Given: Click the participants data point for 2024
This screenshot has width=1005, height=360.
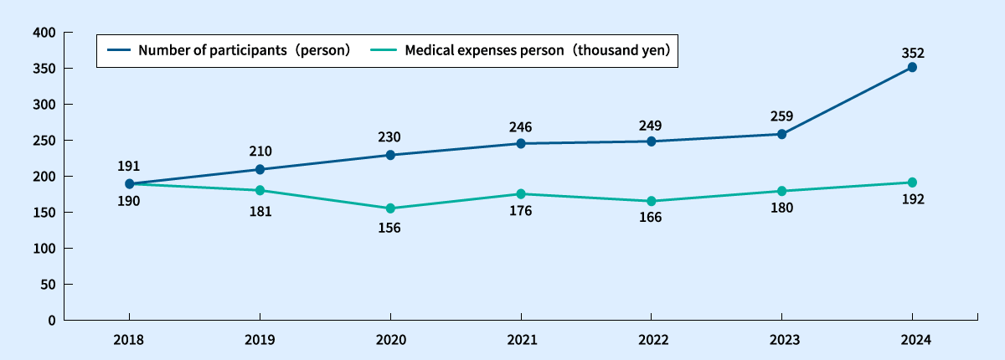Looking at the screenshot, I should tap(912, 67).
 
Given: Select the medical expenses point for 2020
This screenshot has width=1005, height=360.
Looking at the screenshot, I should tap(390, 208).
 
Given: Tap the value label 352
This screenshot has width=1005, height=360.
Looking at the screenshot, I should tap(912, 53).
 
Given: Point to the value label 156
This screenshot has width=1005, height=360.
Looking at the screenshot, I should tap(390, 227).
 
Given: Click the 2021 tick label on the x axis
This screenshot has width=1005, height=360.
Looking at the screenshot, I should tap(521, 341).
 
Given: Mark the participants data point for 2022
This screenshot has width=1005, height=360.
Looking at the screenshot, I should tap(651, 141).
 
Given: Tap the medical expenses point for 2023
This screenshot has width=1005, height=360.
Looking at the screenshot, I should tap(781, 191).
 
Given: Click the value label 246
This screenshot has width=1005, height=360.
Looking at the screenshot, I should tap(521, 127).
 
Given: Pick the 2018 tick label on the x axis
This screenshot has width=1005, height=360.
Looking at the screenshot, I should tap(129, 341).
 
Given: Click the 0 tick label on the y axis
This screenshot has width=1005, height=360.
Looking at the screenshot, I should tap(51, 320).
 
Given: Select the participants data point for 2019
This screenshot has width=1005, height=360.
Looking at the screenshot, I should tap(260, 169).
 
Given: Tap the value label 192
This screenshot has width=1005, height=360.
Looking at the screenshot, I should tap(912, 200).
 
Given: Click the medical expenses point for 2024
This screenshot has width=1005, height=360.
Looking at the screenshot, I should tap(912, 183).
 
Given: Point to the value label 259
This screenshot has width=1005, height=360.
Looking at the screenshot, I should tap(781, 117).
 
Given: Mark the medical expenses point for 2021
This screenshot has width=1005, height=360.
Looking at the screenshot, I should tap(521, 194).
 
